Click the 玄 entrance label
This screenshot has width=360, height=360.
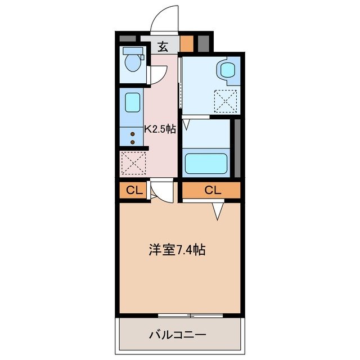(x=163, y=47)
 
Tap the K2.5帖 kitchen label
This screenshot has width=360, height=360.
(x=160, y=129)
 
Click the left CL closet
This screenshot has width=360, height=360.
(x=132, y=190)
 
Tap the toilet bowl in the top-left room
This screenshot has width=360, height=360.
(x=133, y=62)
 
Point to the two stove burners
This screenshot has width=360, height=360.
(x=132, y=138)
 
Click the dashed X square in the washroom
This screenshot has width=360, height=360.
(x=227, y=102)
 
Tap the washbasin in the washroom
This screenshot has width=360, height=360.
(x=227, y=70)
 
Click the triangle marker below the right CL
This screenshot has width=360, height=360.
(x=217, y=210)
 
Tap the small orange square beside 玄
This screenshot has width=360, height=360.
(x=186, y=43)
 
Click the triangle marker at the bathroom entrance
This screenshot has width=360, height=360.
(x=186, y=124)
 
